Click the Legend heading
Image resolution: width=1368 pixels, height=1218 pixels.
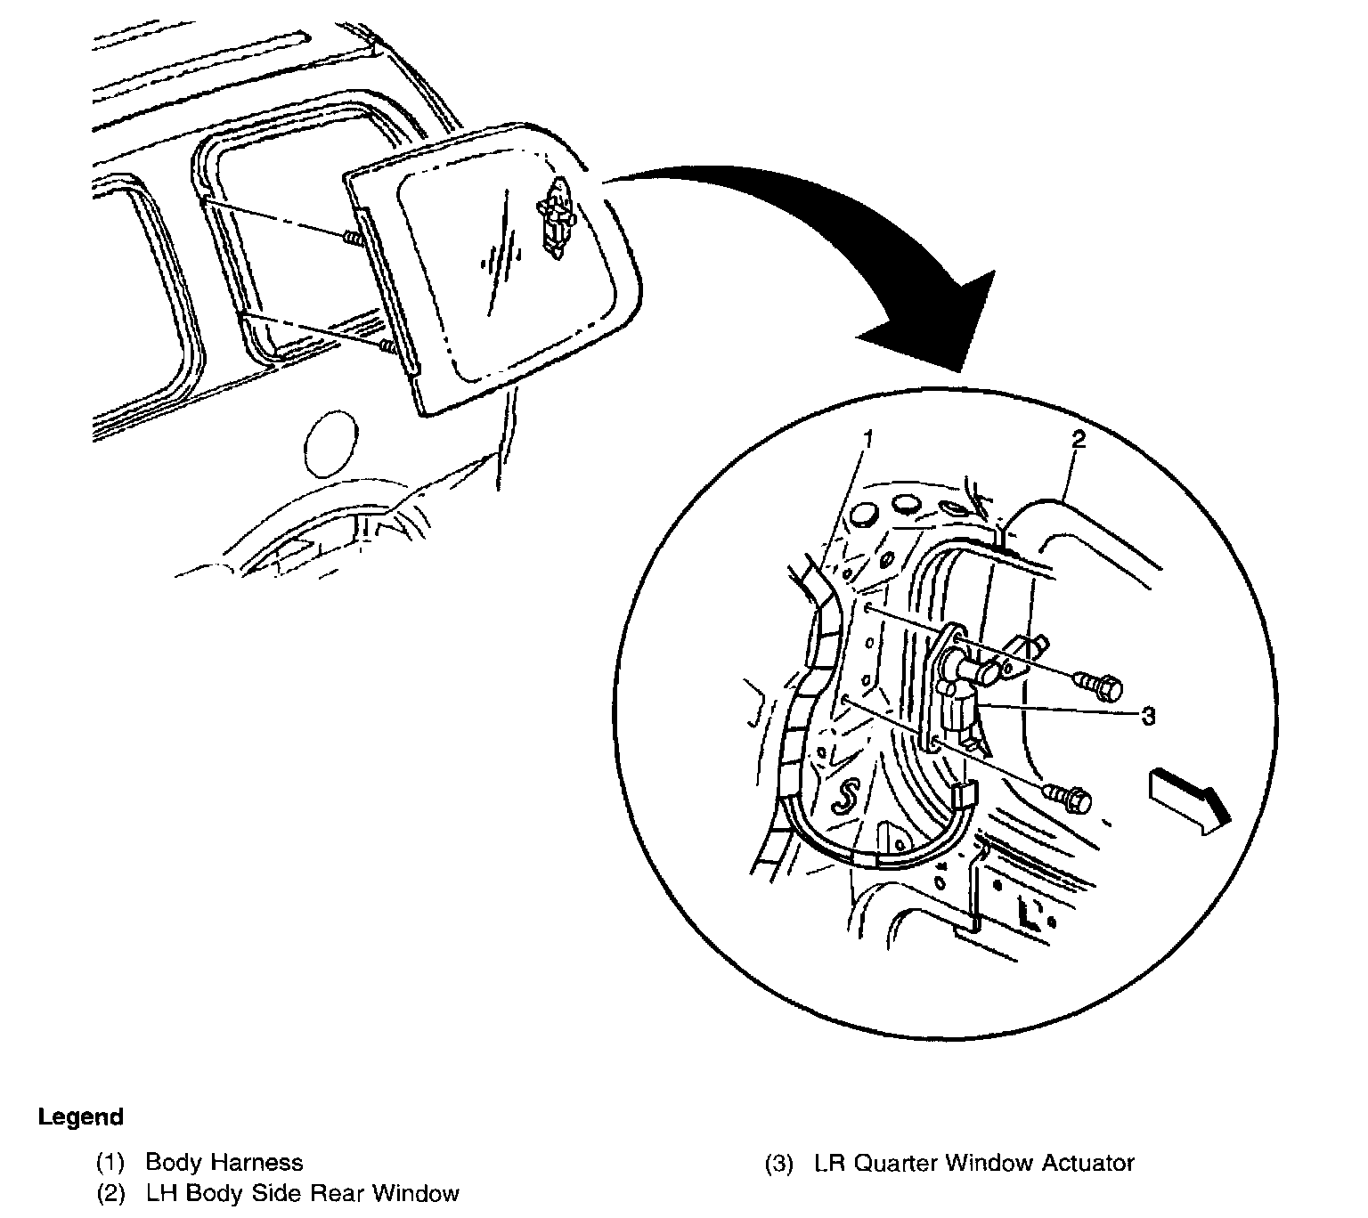click(81, 1116)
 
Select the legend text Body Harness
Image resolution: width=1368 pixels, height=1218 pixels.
click(224, 1162)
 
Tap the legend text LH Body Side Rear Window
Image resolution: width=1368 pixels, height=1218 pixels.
click(302, 1193)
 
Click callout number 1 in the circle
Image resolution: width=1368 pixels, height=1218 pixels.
click(867, 438)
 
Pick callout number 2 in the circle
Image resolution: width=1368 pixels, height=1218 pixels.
click(1079, 438)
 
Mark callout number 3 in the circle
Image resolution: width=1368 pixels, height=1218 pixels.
click(1148, 715)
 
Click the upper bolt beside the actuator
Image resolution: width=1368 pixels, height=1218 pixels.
click(1101, 686)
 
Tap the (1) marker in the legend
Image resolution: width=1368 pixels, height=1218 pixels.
click(110, 1163)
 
